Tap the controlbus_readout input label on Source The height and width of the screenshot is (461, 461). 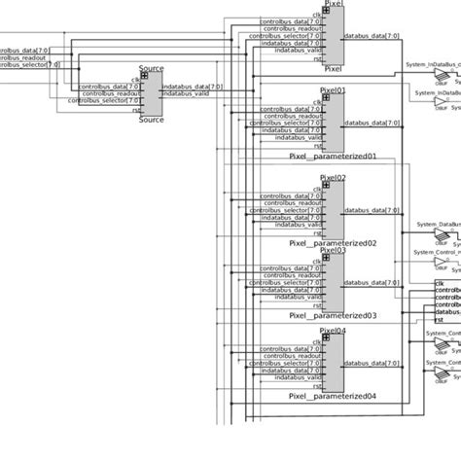pyautogui.click(x=109, y=93)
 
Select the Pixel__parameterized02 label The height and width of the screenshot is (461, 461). pyautogui.click(x=333, y=243)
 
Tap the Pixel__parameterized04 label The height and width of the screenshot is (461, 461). pyautogui.click(x=333, y=397)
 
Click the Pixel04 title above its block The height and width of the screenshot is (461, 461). pyautogui.click(x=333, y=333)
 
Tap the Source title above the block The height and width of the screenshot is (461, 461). pyautogui.click(x=151, y=70)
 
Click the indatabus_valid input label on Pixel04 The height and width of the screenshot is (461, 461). pyautogui.click(x=297, y=375)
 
